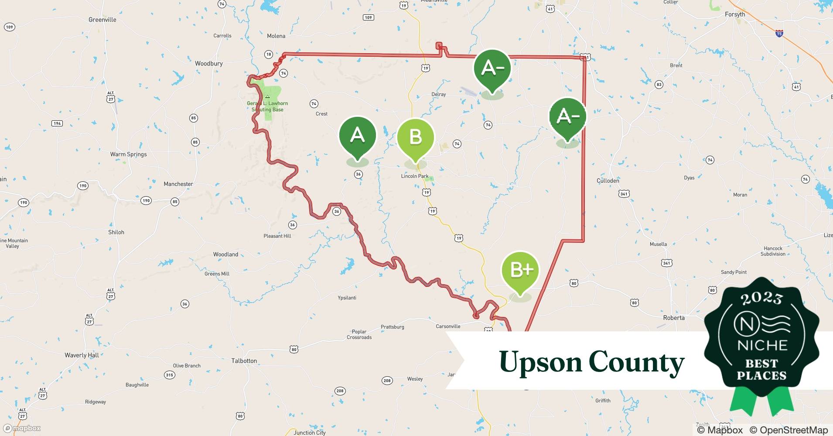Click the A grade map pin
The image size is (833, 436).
pyautogui.click(x=357, y=136)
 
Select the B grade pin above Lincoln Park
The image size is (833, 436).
pyautogui.click(x=415, y=138)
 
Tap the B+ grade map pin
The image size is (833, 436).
pyautogui.click(x=520, y=271)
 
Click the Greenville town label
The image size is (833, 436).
pyautogui.click(x=102, y=20)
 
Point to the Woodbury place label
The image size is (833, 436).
pyautogui.click(x=208, y=64)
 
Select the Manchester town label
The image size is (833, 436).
pyautogui.click(x=178, y=184)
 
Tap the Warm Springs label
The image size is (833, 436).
pyautogui.click(x=128, y=154)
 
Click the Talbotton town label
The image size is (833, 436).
pyautogui.click(x=244, y=361)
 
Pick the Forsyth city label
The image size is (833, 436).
pyautogui.click(x=735, y=14)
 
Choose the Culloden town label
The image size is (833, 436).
pyautogui.click(x=608, y=181)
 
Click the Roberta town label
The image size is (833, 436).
pyautogui.click(x=674, y=318)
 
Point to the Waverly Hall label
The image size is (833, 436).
pyautogui.click(x=82, y=355)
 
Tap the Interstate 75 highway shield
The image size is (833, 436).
pyautogui.click(x=779, y=33)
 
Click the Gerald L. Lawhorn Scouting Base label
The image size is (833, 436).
pyautogui.click(x=267, y=106)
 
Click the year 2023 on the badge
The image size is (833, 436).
pyautogui.click(x=761, y=298)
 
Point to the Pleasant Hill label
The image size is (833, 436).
pyautogui.click(x=277, y=236)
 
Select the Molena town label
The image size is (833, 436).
pyautogui.click(x=276, y=36)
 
